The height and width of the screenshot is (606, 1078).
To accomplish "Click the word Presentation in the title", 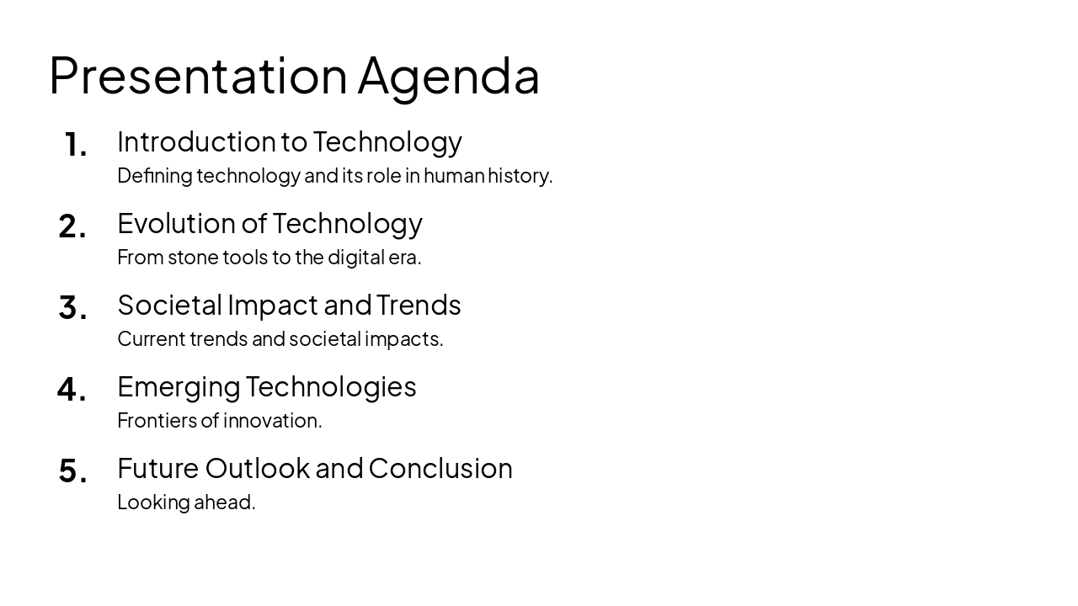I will click(198, 76).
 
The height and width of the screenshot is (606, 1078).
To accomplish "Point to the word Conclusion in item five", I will click(440, 468).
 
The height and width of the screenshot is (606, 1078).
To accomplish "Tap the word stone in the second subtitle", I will click(193, 257).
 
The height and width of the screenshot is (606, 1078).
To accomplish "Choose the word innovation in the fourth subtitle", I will click(272, 420).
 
